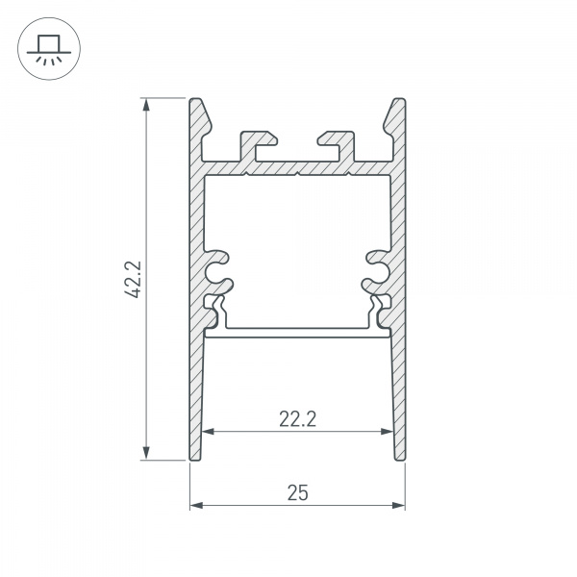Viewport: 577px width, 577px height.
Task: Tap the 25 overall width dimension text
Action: point(297,492)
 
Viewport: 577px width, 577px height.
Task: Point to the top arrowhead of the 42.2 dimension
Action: point(147,103)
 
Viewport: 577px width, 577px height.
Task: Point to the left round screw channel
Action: point(220,270)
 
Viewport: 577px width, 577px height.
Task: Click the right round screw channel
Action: point(374,270)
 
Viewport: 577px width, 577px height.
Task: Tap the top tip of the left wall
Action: point(195,100)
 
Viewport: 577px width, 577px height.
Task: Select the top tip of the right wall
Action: point(398,100)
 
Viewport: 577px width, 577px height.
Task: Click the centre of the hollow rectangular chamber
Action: point(297,250)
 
